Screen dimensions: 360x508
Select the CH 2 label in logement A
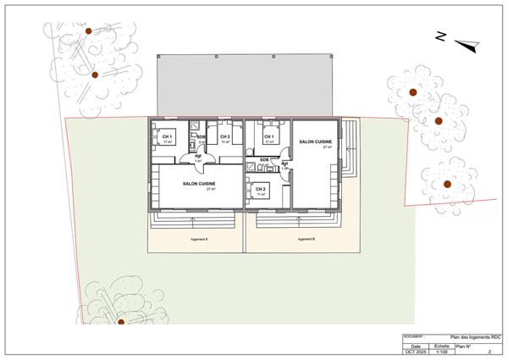click(224, 136)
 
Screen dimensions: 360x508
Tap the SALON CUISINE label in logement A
click(199, 183)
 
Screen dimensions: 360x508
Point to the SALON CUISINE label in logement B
click(316, 141)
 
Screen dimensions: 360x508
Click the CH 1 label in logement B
click(268, 136)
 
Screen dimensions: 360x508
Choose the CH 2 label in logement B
click(261, 189)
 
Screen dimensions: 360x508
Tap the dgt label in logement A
click(197, 156)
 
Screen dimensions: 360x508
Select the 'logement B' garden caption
click(306, 240)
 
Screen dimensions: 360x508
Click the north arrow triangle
click(464, 43)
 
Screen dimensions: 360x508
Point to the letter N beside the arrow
click(440, 36)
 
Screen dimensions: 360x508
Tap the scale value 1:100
click(441, 352)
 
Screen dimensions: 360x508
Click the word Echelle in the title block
click(441, 346)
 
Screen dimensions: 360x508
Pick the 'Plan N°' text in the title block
click(466, 346)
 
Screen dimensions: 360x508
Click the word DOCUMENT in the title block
click(413, 335)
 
